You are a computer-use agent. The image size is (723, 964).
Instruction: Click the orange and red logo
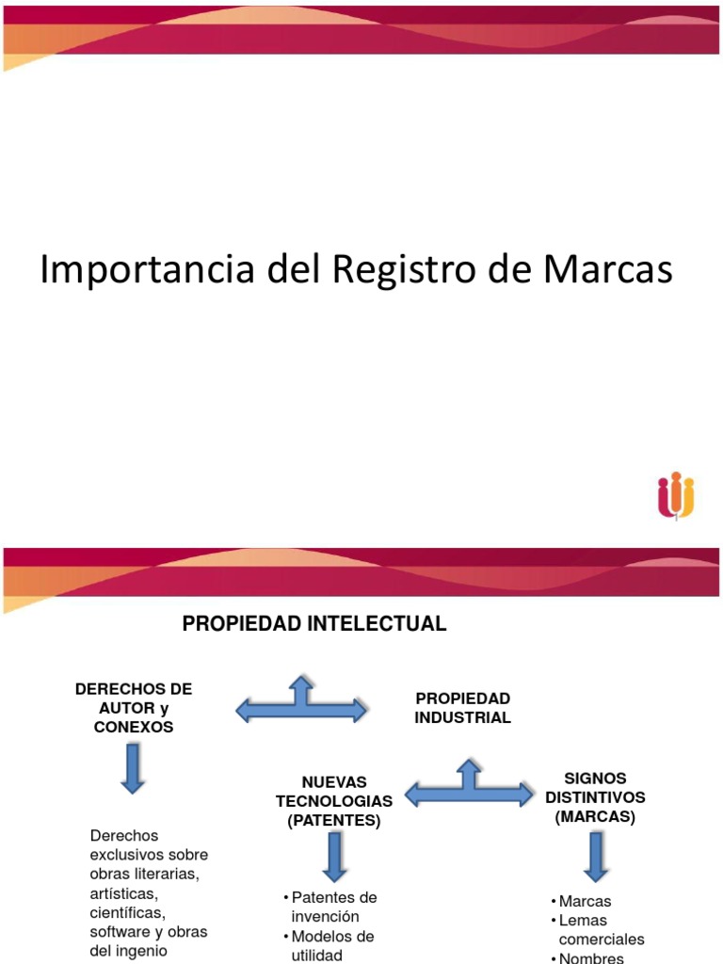676,495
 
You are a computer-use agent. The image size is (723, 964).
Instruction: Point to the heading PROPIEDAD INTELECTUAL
313,624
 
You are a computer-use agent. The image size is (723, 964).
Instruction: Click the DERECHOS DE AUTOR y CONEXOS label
133,708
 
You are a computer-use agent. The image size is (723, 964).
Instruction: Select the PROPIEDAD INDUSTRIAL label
462,708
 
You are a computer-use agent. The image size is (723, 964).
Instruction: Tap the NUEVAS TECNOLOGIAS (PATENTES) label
334,801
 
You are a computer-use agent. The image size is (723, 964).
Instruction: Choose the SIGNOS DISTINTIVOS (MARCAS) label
595,796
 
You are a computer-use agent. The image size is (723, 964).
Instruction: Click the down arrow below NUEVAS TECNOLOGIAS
334,857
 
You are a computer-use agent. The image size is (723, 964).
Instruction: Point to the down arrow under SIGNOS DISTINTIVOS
595,857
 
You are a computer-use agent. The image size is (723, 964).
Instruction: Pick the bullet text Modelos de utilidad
330,945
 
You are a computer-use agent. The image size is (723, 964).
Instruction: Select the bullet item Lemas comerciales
601,929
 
